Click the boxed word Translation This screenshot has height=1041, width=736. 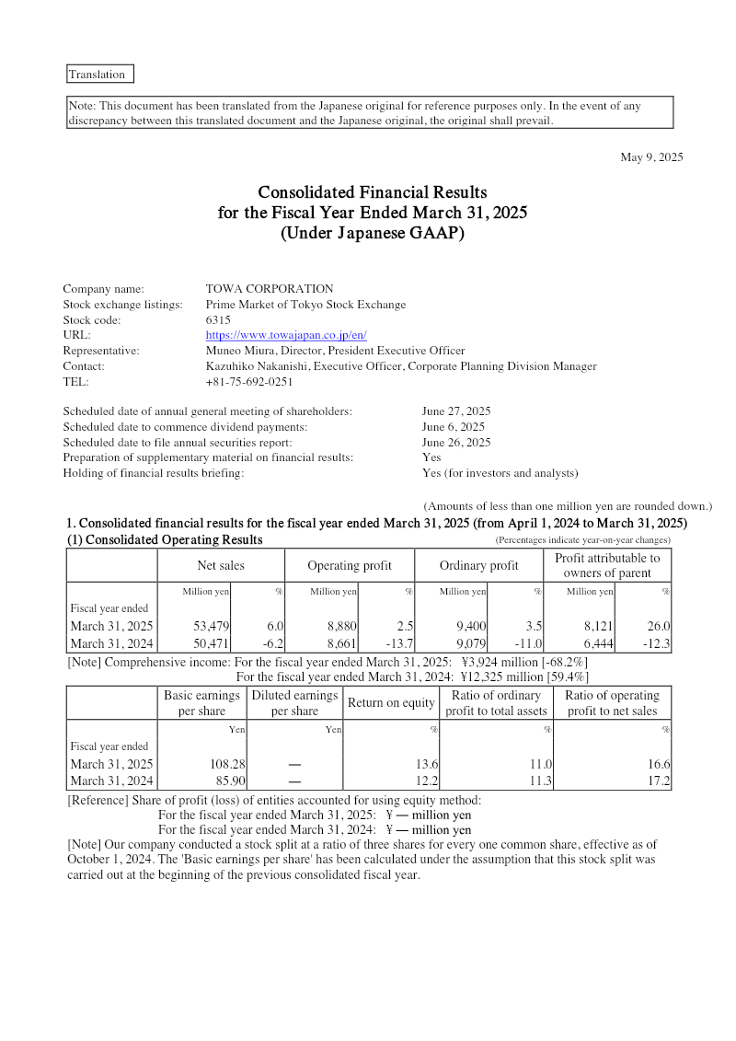pyautogui.click(x=97, y=75)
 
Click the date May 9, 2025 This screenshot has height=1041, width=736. pyautogui.click(x=651, y=157)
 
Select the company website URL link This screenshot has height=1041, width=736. pyautogui.click(x=286, y=335)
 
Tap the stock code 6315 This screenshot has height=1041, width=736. pyautogui.click(x=218, y=320)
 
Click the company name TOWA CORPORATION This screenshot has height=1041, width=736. pyautogui.click(x=270, y=289)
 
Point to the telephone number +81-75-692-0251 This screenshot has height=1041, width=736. pyautogui.click(x=249, y=381)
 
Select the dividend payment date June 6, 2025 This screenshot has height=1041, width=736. pyautogui.click(x=453, y=427)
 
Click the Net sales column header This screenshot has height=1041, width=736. pyautogui.click(x=221, y=565)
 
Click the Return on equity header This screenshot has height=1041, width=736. pyautogui.click(x=391, y=703)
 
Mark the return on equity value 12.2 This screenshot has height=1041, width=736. pyautogui.click(x=426, y=781)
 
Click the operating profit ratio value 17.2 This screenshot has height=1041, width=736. pyautogui.click(x=658, y=781)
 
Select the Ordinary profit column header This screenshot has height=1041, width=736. pyautogui.click(x=478, y=565)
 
